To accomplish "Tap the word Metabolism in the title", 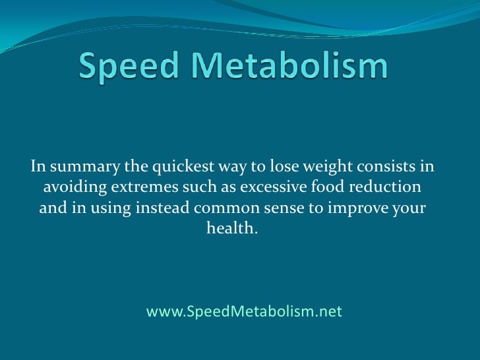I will pos(288,67).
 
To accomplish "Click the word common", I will pos(217,210).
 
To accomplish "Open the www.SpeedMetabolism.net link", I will pos(244,311).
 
